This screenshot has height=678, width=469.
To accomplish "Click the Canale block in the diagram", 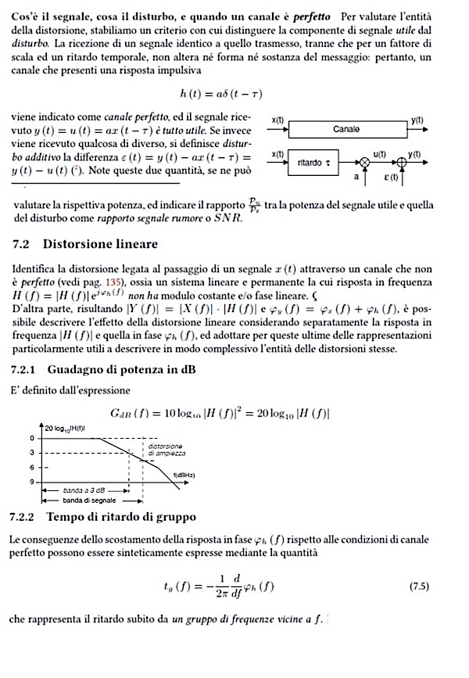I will (345, 129).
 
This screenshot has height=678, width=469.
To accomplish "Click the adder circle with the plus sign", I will (403, 163).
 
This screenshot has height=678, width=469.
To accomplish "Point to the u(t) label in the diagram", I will (380, 154).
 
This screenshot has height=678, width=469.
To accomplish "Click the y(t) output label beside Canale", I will (417, 120).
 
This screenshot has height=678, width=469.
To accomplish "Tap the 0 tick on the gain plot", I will (33, 438).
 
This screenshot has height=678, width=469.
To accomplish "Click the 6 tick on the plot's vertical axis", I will (33, 467).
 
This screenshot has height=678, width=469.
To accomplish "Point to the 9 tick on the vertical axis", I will (33, 482).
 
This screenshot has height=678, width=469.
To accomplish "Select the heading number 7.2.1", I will (29, 368).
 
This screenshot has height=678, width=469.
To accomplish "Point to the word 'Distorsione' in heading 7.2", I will (77, 244).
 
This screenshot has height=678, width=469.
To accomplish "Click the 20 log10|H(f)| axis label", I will (68, 429).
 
